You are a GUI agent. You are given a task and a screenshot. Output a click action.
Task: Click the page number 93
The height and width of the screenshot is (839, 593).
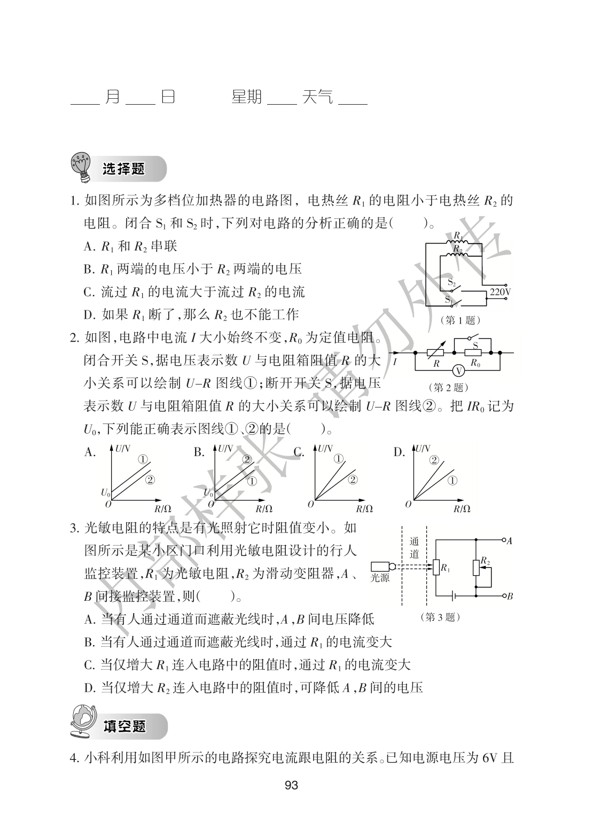pos(292,785)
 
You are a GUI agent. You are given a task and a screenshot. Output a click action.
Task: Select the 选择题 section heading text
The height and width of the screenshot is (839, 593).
pos(123,169)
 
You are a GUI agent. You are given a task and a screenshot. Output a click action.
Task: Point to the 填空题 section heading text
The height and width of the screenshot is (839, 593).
pos(124,726)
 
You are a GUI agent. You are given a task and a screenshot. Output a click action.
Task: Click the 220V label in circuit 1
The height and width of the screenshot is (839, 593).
pos(500,292)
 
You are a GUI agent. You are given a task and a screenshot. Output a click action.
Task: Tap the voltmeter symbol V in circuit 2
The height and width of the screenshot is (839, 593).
pos(456,369)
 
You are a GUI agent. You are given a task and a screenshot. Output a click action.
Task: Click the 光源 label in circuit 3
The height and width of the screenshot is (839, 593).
pos(380,578)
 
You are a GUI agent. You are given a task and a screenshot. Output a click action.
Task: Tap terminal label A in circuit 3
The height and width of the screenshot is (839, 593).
pos(509,541)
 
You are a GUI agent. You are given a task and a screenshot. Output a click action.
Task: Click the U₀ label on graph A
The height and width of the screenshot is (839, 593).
pos(105,492)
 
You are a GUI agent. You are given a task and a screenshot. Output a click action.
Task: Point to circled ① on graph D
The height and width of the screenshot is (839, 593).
pos(451,480)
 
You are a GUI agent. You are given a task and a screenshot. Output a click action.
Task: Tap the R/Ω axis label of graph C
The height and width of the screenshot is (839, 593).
pos(364,508)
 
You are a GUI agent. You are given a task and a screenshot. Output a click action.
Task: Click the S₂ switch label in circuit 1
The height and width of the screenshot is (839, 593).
pos(451,281)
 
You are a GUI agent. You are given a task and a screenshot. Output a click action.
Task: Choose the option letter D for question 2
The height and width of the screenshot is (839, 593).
pos(399,452)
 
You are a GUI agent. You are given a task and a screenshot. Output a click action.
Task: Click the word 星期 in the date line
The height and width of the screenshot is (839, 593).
pos(246,97)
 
